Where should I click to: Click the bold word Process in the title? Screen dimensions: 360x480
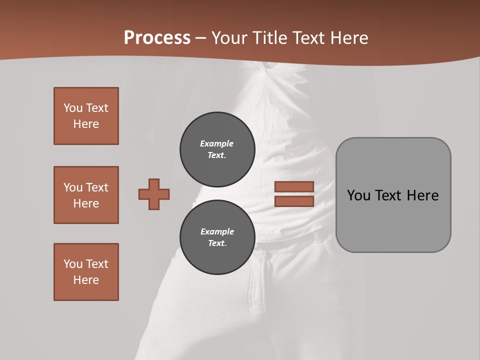(x=157, y=38)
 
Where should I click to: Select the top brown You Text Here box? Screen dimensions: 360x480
(x=86, y=116)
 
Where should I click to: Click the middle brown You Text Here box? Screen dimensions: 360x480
(x=86, y=195)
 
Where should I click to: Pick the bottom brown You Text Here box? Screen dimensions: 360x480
(x=86, y=272)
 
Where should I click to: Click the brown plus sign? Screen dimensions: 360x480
(x=154, y=194)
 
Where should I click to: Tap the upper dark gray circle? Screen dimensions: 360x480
(x=217, y=149)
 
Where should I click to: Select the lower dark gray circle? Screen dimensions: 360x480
(x=217, y=237)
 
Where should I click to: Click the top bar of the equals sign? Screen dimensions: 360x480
(x=294, y=186)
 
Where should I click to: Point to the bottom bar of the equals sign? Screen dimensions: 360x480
(x=294, y=201)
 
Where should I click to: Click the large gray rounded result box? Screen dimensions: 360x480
(x=393, y=194)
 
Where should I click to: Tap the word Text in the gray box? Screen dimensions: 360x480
(x=389, y=195)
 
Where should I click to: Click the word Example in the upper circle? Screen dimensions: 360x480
(x=217, y=143)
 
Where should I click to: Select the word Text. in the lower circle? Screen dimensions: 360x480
(x=217, y=243)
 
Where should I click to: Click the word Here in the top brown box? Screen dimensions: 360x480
(x=86, y=124)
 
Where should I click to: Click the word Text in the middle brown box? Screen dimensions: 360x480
(x=96, y=187)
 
